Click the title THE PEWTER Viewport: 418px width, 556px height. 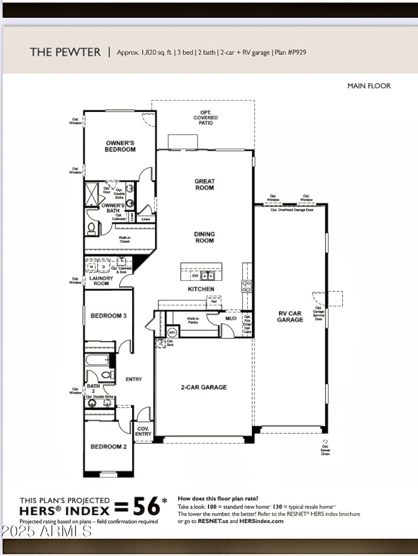pos(65,52)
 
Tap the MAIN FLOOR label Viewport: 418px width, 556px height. pos(369,86)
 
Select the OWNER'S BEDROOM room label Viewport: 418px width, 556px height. pos(120,146)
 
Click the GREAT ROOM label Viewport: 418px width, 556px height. pos(204,185)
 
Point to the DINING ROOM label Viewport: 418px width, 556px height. pos(204,237)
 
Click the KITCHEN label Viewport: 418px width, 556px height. pos(201,289)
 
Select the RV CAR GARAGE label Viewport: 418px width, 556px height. pos(290,316)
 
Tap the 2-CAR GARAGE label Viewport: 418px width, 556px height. pos(204,387)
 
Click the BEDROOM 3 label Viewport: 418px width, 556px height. pos(108,316)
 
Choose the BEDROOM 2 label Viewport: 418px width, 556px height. pos(108,447)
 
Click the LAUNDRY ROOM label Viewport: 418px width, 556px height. pos(101,281)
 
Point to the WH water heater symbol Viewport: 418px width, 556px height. pos(172,332)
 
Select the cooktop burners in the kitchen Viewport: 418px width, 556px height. pos(247,286)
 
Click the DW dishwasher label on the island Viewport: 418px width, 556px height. pos(194,275)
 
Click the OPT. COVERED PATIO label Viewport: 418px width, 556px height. pos(205,118)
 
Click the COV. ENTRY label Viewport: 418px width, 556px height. pos(143,431)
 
